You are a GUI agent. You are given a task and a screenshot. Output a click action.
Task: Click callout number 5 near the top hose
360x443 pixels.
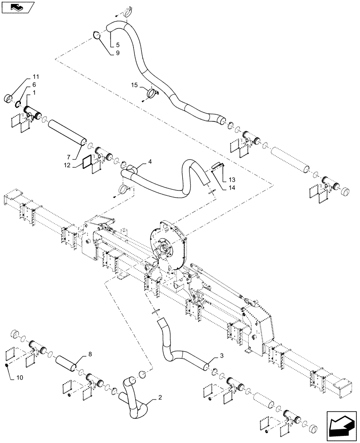point(117,45)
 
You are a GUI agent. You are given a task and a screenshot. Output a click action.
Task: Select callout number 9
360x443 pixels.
point(117,53)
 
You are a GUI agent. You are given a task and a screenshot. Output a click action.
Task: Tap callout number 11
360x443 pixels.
point(35,77)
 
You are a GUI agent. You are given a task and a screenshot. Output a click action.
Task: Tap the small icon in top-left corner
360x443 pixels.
point(18,7)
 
